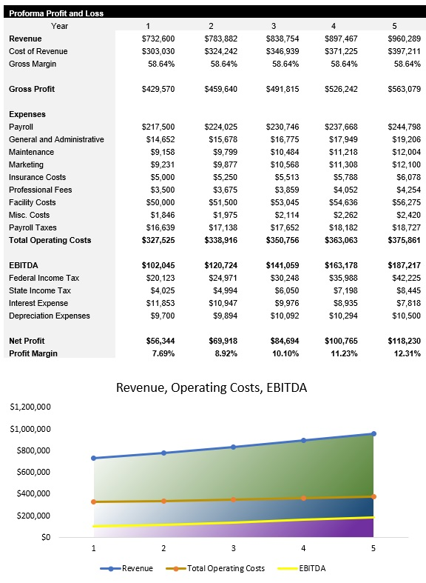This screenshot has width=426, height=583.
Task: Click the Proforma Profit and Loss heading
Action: (x=56, y=13)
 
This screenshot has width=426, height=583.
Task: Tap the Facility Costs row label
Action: (x=32, y=202)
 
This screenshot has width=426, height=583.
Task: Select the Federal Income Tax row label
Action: (x=43, y=278)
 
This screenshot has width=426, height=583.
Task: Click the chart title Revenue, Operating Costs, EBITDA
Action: (x=212, y=387)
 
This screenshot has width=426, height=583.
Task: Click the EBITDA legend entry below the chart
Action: (x=308, y=568)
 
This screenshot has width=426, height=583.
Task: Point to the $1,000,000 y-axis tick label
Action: (x=30, y=429)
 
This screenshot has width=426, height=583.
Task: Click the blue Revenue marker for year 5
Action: (x=373, y=434)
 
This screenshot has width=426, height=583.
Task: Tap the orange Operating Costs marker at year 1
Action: (x=93, y=502)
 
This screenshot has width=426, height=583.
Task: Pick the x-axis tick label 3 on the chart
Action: (x=234, y=548)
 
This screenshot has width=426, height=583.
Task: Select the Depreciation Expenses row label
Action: (x=49, y=316)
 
